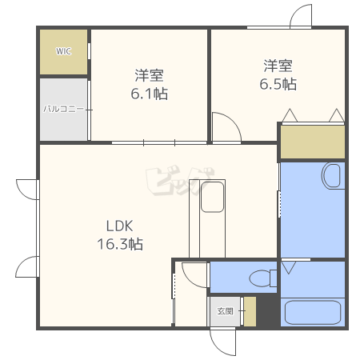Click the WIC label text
click(63, 51)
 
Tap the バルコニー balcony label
click(63, 109)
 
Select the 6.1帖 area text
click(149, 94)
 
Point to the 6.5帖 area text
click(278, 84)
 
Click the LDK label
click(119, 226)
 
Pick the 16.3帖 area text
click(120, 244)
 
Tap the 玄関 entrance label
click(225, 311)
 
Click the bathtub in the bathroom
click(313, 312)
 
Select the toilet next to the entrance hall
click(263, 278)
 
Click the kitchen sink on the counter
click(212, 197)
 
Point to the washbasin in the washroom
click(333, 176)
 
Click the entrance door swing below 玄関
click(223, 342)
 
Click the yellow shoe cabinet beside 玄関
click(250, 311)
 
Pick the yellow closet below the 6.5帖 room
click(313, 142)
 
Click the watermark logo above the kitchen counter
click(180, 180)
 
